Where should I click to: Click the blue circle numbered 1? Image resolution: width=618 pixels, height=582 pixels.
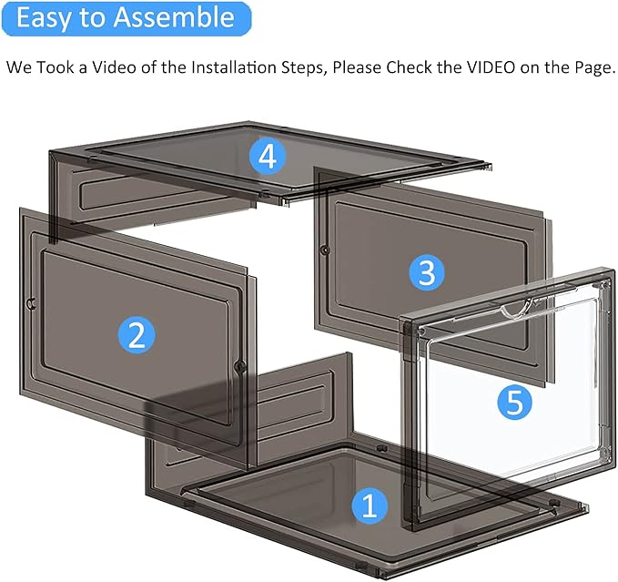pos(369,505)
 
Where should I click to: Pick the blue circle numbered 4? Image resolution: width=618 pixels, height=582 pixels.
pos(267,157)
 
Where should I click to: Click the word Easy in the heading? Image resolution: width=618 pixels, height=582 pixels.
pos(45,17)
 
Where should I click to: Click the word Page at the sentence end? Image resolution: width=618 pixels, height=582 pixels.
pos(594,68)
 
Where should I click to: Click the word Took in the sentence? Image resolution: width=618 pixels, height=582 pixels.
pos(58,68)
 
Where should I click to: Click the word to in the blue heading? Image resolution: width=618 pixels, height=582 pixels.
pos(94,17)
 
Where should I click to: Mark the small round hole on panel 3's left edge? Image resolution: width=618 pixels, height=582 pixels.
pos(325,249)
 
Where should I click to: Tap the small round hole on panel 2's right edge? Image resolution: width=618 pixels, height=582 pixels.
pos(240,366)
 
